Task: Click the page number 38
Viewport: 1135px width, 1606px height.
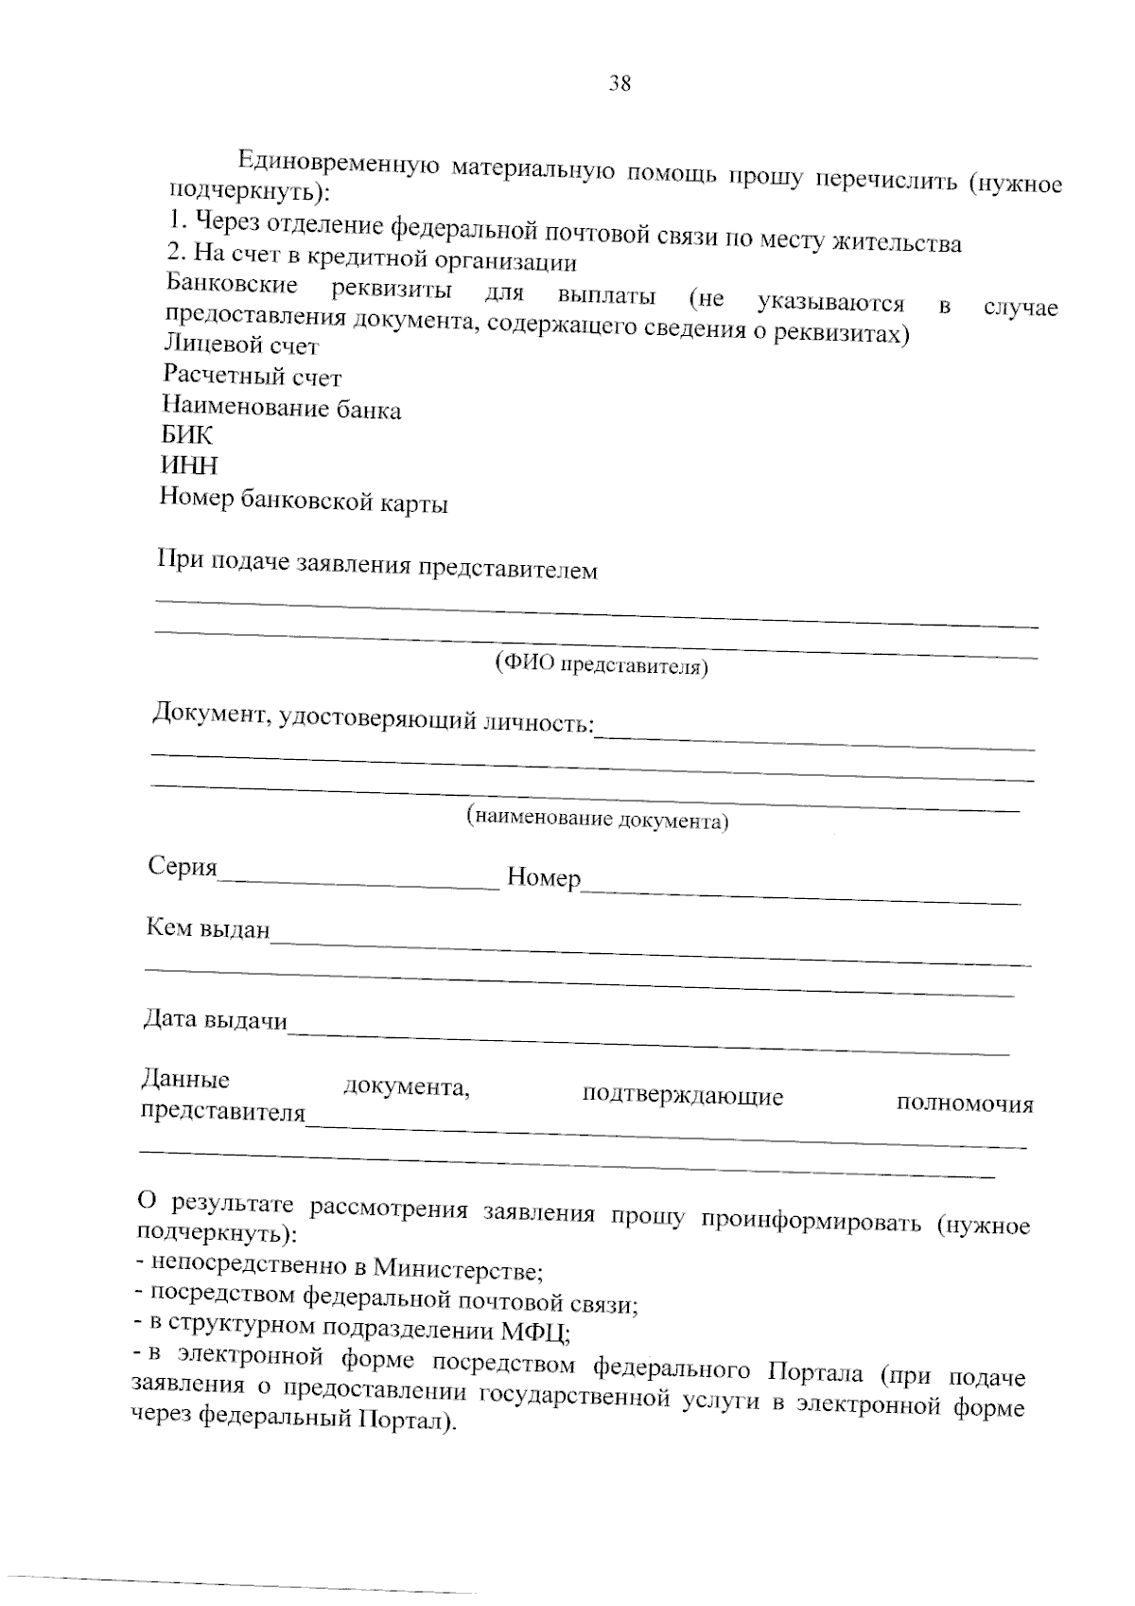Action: pyautogui.click(x=620, y=83)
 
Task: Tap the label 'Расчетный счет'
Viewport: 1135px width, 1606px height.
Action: pyautogui.click(x=252, y=377)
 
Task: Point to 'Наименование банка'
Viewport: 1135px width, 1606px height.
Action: pyautogui.click(x=281, y=409)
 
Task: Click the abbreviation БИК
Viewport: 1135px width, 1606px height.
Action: pyautogui.click(x=187, y=435)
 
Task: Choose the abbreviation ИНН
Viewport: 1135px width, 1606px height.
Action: pyautogui.click(x=189, y=466)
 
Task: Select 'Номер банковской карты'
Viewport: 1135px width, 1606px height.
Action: pyautogui.click(x=303, y=500)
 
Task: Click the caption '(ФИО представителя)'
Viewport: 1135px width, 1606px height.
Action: pyautogui.click(x=602, y=665)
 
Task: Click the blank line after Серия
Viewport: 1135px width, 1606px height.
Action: pyautogui.click(x=359, y=882)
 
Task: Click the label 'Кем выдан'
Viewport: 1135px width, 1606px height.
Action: pyautogui.click(x=208, y=928)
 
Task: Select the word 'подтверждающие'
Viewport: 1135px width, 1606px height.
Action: pyautogui.click(x=683, y=1096)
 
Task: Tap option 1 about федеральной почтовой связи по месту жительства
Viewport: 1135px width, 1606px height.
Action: pyautogui.click(x=565, y=233)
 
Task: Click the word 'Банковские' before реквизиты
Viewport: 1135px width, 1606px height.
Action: pyautogui.click(x=232, y=285)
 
